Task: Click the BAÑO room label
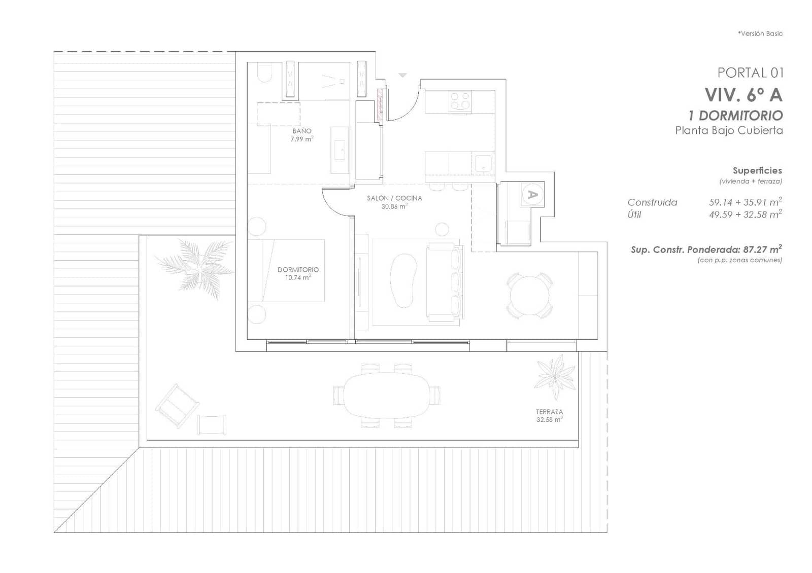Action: pyautogui.click(x=301, y=131)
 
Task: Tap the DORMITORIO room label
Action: pyautogui.click(x=298, y=270)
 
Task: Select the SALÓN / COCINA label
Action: pyautogui.click(x=394, y=198)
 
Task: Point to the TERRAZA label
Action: pyautogui.click(x=549, y=412)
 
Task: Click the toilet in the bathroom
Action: pyautogui.click(x=264, y=73)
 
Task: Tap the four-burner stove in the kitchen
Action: pyautogui.click(x=460, y=101)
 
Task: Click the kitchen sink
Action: pyautogui.click(x=483, y=162)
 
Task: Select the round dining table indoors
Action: pyautogui.click(x=529, y=296)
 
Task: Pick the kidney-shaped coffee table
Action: pyautogui.click(x=403, y=280)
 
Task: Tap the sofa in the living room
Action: pyautogui.click(x=445, y=282)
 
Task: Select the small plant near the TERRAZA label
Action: pyautogui.click(x=556, y=376)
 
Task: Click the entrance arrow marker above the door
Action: pyautogui.click(x=402, y=76)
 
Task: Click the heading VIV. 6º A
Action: pyautogui.click(x=743, y=95)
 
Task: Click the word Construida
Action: pyautogui.click(x=652, y=202)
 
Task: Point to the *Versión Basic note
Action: pyautogui.click(x=760, y=33)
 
